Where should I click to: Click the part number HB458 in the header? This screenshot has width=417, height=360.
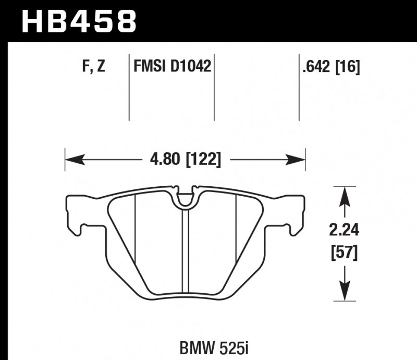coord(78,21)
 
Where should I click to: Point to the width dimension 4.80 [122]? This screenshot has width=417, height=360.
coord(185,159)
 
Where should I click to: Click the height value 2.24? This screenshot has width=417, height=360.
coord(345,230)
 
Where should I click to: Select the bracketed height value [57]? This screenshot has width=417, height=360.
coord(345,255)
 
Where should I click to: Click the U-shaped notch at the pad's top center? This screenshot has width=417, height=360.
coord(185,197)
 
